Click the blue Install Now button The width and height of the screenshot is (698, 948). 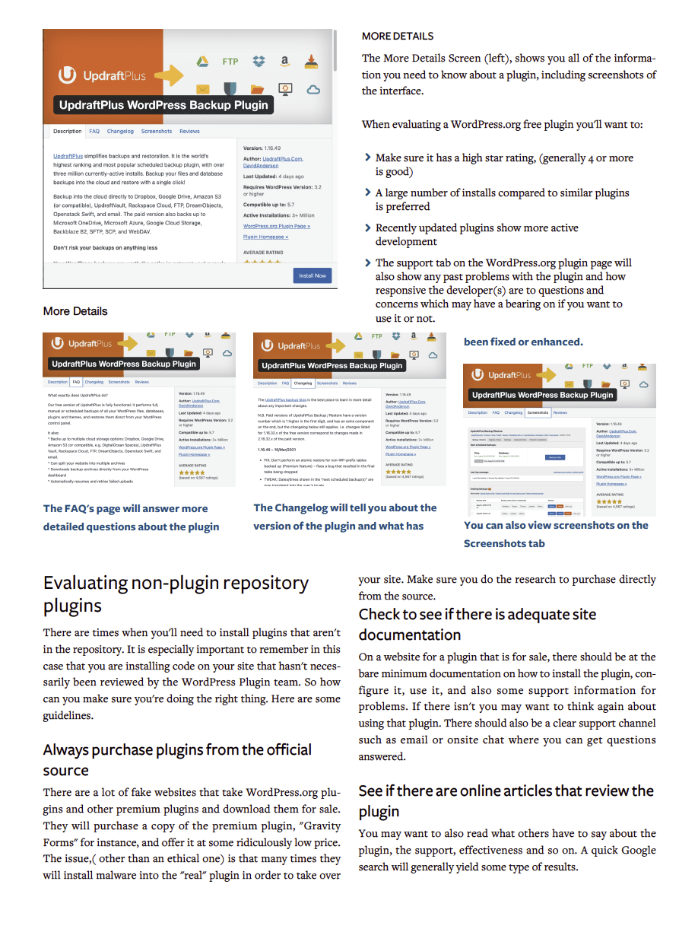tap(312, 275)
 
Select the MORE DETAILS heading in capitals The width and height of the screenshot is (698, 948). tap(398, 36)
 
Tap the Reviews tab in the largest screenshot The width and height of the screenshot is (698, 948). tap(189, 132)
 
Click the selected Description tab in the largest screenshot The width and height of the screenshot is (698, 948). tap(67, 132)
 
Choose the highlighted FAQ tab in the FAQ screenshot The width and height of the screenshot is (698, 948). tap(76, 382)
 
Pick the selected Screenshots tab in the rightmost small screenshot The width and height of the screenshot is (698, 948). tap(538, 412)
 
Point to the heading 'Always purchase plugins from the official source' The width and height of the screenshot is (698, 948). tap(177, 759)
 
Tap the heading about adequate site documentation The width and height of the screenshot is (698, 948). tap(477, 624)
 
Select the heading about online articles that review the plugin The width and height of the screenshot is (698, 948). tap(506, 800)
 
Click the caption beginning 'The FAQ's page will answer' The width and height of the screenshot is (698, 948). tap(131, 517)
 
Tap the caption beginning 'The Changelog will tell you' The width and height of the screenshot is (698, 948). tap(345, 517)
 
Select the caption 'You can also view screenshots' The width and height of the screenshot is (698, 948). tap(556, 534)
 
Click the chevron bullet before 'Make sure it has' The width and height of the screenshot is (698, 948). tap(368, 157)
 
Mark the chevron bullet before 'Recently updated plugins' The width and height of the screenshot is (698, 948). tap(368, 227)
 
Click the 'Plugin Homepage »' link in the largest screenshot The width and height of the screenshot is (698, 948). tap(265, 237)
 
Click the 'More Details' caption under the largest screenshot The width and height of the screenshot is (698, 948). tap(75, 311)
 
